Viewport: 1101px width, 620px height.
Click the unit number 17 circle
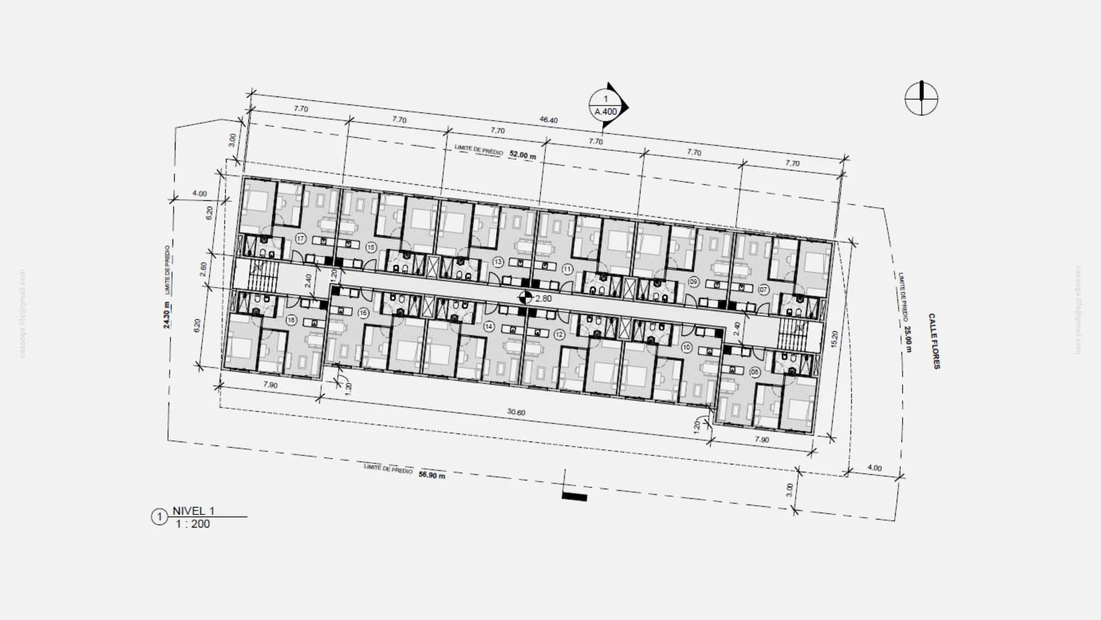(300, 239)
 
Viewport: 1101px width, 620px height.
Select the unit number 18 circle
(291, 320)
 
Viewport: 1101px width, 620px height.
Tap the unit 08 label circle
(755, 373)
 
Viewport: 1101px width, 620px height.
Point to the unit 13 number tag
(498, 262)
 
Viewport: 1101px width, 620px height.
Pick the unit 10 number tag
(687, 348)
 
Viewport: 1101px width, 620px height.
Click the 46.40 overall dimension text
(548, 120)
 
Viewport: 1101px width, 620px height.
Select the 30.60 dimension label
(516, 412)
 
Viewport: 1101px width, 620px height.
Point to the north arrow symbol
(922, 99)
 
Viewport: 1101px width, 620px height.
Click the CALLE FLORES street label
(934, 341)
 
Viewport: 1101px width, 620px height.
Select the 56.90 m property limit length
(432, 475)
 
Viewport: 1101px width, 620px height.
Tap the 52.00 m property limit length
(522, 156)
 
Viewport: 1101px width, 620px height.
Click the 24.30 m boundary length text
(167, 315)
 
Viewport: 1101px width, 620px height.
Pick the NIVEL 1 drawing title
(193, 511)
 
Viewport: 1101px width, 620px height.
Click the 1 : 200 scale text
(193, 524)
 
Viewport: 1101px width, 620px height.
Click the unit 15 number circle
(371, 247)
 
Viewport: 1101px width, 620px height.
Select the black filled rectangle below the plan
(574, 497)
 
